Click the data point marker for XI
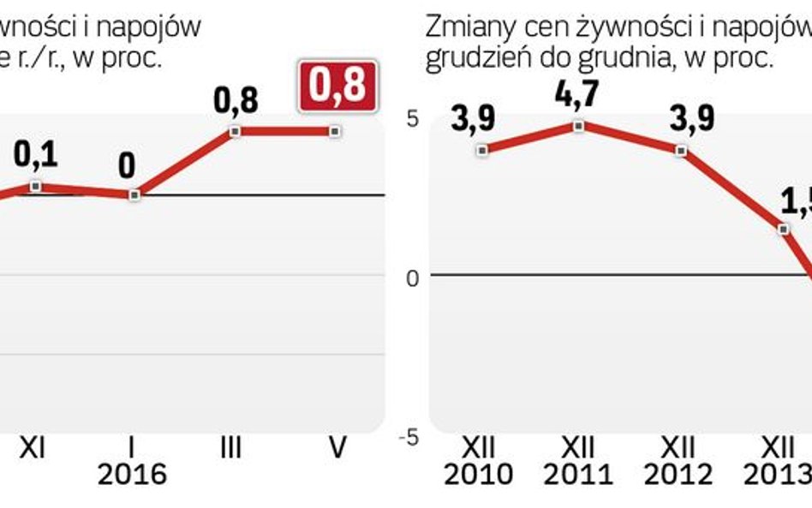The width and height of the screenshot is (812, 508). coord(35,186)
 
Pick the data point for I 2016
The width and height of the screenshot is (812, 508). coord(134,195)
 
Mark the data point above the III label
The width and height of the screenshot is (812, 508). coord(234,131)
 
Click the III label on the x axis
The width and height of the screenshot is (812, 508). coord(230,448)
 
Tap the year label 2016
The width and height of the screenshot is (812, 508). coord(132,474)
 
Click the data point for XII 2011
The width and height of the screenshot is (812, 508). coord(580,126)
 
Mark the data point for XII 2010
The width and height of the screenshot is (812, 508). coord(482,151)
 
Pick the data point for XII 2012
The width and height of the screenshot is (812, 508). coord(681,151)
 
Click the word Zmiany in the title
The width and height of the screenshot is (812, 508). coord(463,28)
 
